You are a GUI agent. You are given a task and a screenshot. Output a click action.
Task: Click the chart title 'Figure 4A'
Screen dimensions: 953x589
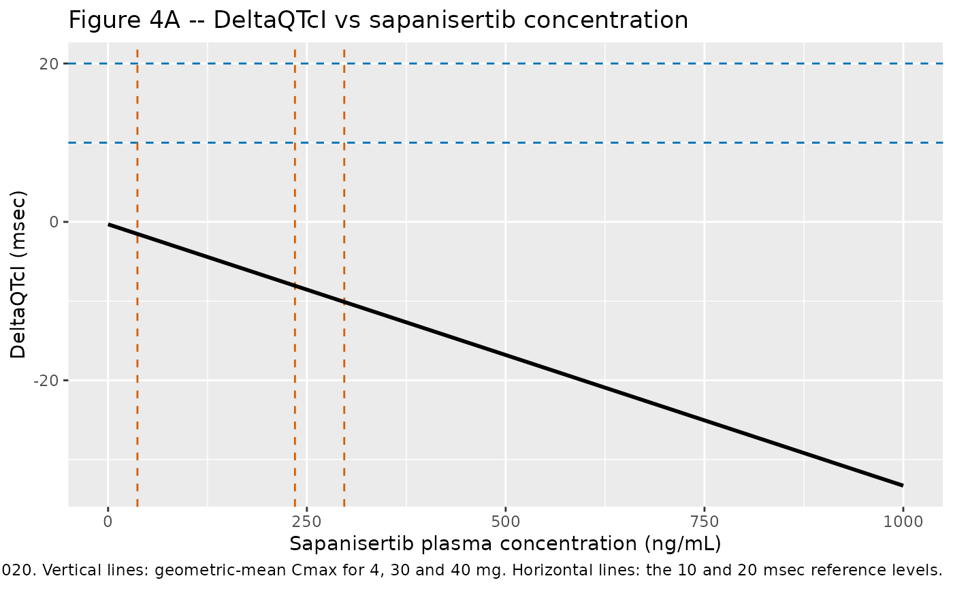pyautogui.click(x=124, y=20)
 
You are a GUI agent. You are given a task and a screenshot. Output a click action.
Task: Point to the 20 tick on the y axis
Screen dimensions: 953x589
pyautogui.click(x=49, y=64)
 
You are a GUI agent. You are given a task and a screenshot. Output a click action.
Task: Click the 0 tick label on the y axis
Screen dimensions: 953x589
pyautogui.click(x=54, y=222)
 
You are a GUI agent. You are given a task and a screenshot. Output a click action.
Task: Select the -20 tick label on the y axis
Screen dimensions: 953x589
pyautogui.click(x=46, y=380)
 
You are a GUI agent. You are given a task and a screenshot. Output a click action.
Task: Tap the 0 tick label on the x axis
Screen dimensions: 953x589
pyautogui.click(x=108, y=522)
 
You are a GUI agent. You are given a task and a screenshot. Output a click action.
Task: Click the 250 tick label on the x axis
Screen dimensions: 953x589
pyautogui.click(x=307, y=522)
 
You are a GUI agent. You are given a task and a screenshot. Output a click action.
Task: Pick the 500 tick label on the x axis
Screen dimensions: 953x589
pyautogui.click(x=505, y=522)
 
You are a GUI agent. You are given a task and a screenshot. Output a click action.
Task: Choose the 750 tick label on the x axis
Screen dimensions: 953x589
pyautogui.click(x=705, y=522)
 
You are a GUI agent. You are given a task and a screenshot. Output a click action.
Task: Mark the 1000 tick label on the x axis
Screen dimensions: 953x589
pyautogui.click(x=903, y=522)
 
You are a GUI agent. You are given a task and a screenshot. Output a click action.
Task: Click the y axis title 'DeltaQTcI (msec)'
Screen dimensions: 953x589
pyautogui.click(x=18, y=274)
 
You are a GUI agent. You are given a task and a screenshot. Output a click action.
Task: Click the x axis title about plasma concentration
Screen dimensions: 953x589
pyautogui.click(x=505, y=544)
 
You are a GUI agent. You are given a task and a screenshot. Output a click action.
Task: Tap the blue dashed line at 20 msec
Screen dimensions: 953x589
pyautogui.click(x=505, y=64)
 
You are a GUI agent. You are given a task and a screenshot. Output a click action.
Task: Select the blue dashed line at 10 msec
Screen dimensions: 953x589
pyautogui.click(x=505, y=142)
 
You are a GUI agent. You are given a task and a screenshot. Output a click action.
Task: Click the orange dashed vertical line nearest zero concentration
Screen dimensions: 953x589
pyautogui.click(x=138, y=278)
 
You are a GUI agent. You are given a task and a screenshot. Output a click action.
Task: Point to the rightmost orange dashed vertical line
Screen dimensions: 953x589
pyautogui.click(x=344, y=278)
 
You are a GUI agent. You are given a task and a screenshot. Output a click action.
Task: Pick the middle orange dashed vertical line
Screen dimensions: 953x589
pyautogui.click(x=295, y=278)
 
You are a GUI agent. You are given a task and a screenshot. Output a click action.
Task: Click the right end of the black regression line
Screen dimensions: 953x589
pyautogui.click(x=903, y=485)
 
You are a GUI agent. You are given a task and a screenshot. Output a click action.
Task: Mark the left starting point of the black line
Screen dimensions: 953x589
pyautogui.click(x=108, y=224)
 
